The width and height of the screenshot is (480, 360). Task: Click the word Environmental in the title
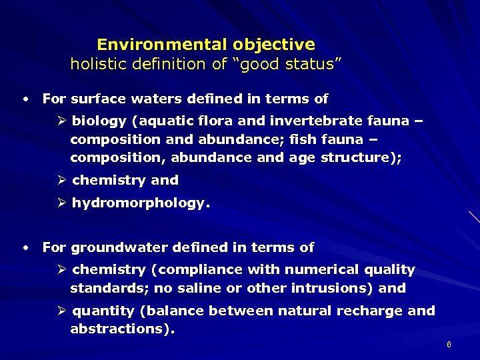(x=162, y=45)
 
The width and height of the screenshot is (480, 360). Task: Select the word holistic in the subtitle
(x=97, y=64)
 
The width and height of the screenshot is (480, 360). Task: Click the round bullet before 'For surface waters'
(x=25, y=99)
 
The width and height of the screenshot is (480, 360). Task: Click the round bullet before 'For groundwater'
(x=25, y=247)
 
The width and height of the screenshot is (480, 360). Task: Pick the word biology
(x=99, y=121)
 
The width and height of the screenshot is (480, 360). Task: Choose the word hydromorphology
(x=140, y=203)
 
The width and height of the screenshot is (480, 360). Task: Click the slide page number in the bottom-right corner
(x=449, y=345)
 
